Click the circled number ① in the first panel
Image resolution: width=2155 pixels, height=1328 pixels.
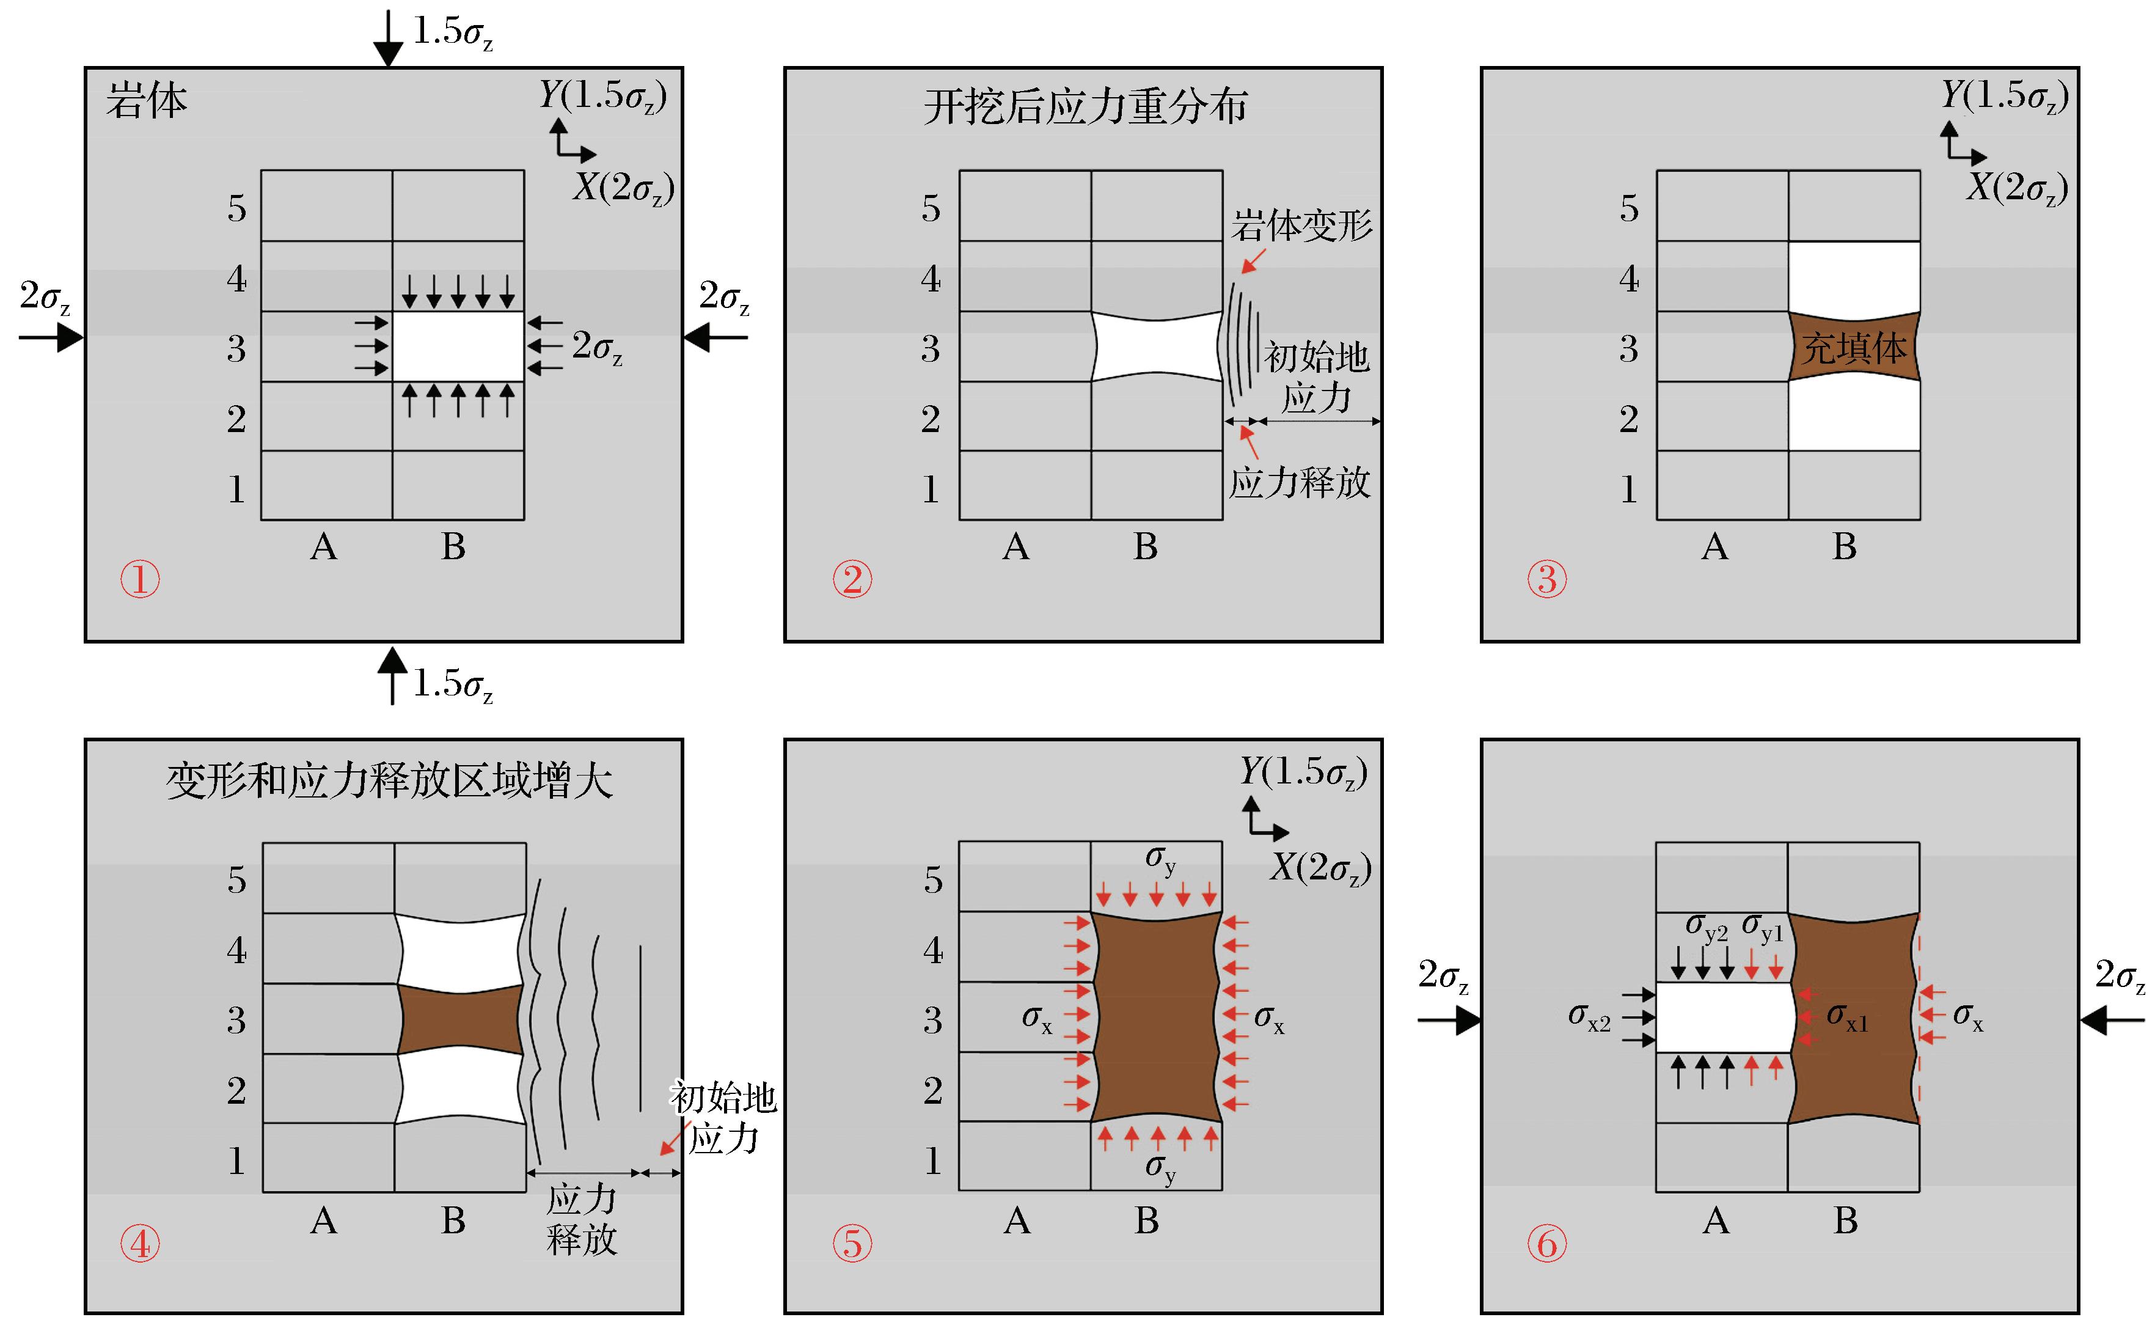pyautogui.click(x=140, y=580)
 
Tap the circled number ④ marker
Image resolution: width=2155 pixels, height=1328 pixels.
pyautogui.click(x=140, y=1244)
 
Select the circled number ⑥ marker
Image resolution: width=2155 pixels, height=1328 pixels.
pyautogui.click(x=1546, y=1244)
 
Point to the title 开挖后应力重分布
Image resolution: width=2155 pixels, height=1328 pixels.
pyautogui.click(x=1085, y=107)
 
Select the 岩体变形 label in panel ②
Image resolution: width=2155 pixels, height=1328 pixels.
pyautogui.click(x=1301, y=226)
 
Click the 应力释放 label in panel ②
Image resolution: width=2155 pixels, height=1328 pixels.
pyautogui.click(x=1299, y=482)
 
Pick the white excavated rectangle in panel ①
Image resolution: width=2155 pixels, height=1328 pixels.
pyautogui.click(x=458, y=346)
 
